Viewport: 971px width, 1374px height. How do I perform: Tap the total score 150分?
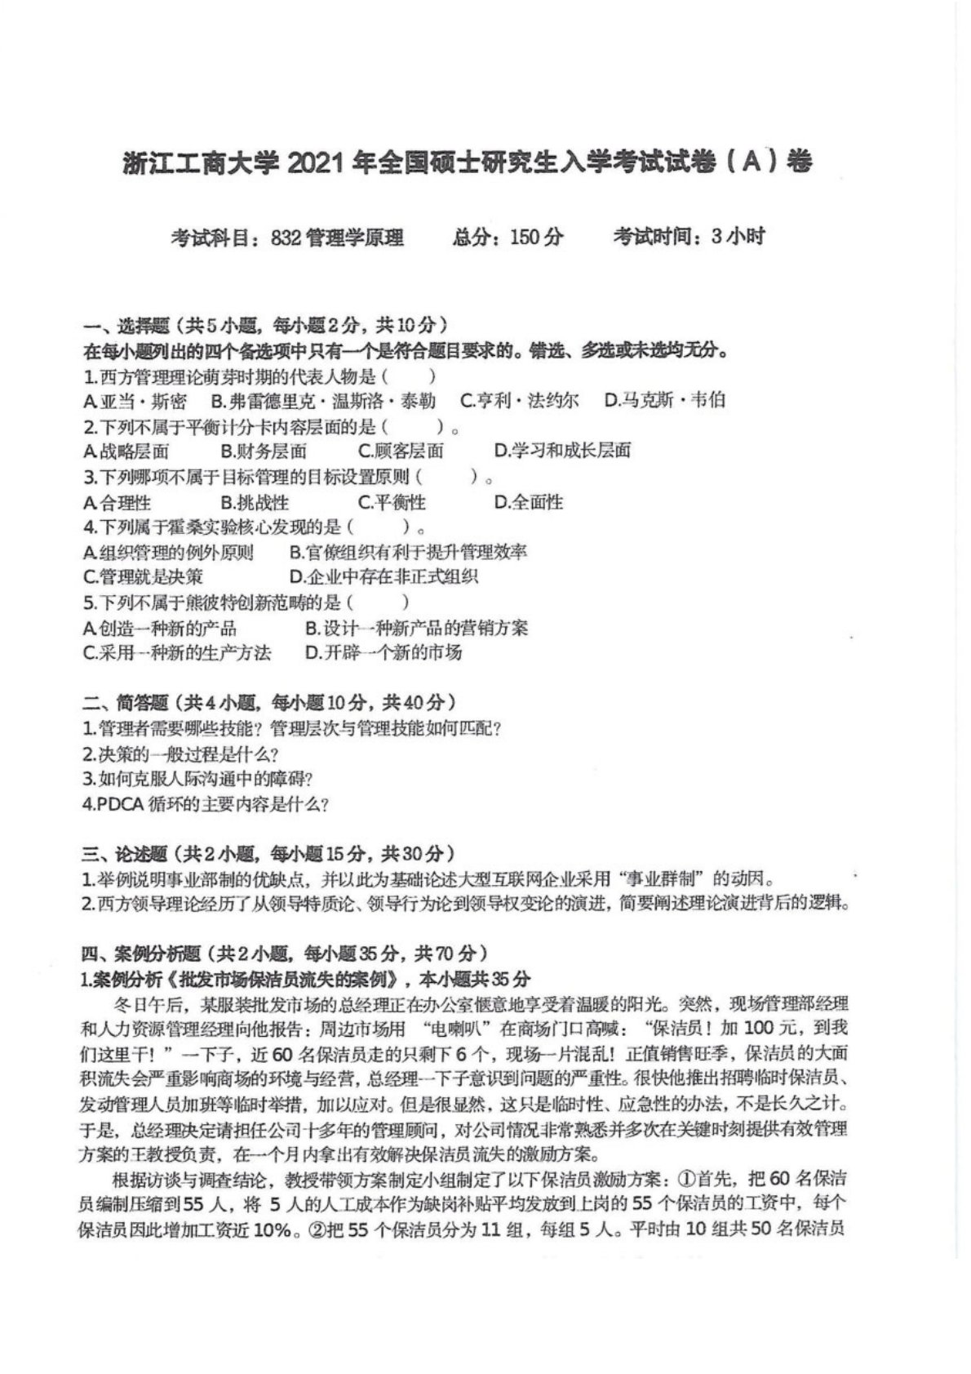click(536, 238)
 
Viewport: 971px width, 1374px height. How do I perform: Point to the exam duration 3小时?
click(738, 238)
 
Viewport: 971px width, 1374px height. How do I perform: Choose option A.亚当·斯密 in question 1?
click(135, 401)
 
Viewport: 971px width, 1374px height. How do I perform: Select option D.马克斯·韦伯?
click(664, 401)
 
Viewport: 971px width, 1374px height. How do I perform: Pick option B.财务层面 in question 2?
click(264, 451)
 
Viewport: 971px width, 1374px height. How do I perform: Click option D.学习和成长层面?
click(562, 451)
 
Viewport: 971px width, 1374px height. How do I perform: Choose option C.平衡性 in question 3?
click(392, 502)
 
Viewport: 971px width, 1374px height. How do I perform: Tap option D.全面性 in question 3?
click(529, 502)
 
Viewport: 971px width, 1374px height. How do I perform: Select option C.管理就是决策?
click(143, 577)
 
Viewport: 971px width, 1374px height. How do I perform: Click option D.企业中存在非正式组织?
click(384, 577)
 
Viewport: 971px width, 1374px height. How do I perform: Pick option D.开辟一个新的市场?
click(384, 652)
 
